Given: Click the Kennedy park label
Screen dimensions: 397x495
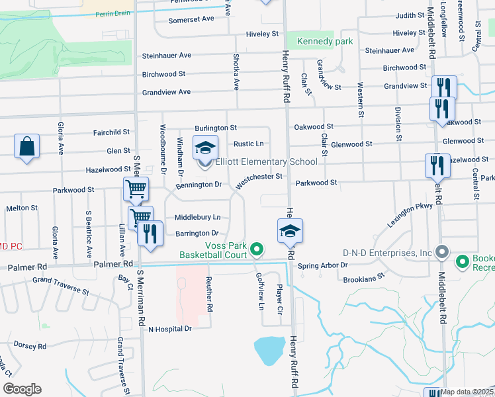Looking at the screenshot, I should (324, 42).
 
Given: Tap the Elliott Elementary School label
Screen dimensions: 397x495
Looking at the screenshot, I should (267, 161).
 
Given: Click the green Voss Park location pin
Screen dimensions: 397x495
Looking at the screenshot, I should (257, 249).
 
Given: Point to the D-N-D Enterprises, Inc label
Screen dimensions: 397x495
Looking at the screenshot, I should (387, 252).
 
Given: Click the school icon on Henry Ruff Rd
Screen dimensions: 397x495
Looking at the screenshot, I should (290, 231).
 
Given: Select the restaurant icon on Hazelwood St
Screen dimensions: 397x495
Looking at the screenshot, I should (437, 166).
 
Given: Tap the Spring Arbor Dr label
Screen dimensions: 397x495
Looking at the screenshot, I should (322, 265).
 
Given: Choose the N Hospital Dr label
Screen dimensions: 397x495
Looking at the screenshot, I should (169, 328).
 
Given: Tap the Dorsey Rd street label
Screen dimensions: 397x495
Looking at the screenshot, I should (29, 345).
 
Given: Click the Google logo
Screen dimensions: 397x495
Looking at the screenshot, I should (22, 389).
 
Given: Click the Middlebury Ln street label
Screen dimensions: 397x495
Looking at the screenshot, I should (197, 217).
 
